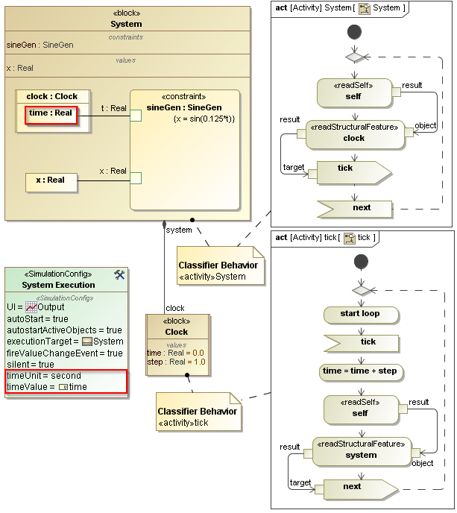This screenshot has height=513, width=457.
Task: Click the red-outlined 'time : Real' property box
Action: coord(51,113)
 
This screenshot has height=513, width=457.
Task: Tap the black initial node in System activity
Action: coord(355,32)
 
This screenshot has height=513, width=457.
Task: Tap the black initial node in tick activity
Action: coord(362,261)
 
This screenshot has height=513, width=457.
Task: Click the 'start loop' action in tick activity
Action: coord(360,314)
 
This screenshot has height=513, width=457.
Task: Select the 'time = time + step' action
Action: coord(361,371)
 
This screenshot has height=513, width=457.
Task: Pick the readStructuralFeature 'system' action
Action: coord(361,450)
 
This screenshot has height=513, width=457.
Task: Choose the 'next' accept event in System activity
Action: coord(356,207)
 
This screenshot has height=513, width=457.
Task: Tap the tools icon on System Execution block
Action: coord(119,274)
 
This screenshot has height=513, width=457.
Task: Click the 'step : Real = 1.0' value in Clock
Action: coord(176,362)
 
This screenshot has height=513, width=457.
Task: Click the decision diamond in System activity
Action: coord(355,57)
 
